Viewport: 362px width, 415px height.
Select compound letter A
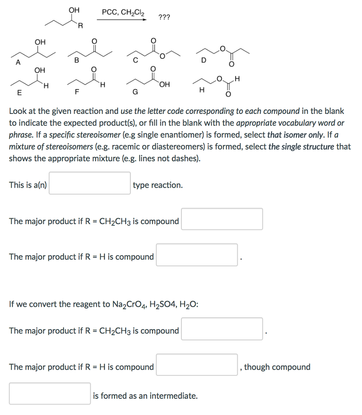[x=17, y=62]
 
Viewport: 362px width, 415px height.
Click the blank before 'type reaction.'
[x=89, y=183]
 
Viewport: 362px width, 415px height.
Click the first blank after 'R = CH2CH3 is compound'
[x=221, y=219]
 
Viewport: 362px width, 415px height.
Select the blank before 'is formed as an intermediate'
[x=50, y=394]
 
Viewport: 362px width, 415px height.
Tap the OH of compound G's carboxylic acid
[x=164, y=84]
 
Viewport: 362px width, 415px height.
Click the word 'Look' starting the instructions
[x=18, y=111]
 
